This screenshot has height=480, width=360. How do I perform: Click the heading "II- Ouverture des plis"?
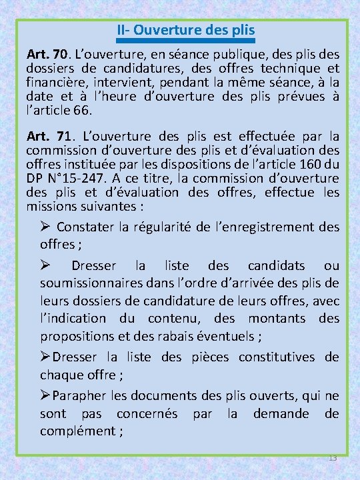click(185, 30)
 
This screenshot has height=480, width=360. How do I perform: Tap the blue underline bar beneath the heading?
click(185, 40)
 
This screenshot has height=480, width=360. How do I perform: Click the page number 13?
click(333, 457)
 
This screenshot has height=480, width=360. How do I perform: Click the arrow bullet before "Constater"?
click(46, 227)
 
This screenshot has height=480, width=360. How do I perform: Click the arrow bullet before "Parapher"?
click(46, 395)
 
